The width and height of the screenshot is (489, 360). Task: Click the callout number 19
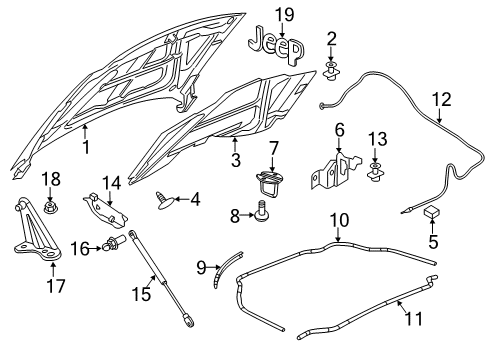click(286, 13)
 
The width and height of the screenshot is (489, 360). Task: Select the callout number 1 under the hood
click(86, 147)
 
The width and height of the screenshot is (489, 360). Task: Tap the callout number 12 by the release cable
click(441, 98)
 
